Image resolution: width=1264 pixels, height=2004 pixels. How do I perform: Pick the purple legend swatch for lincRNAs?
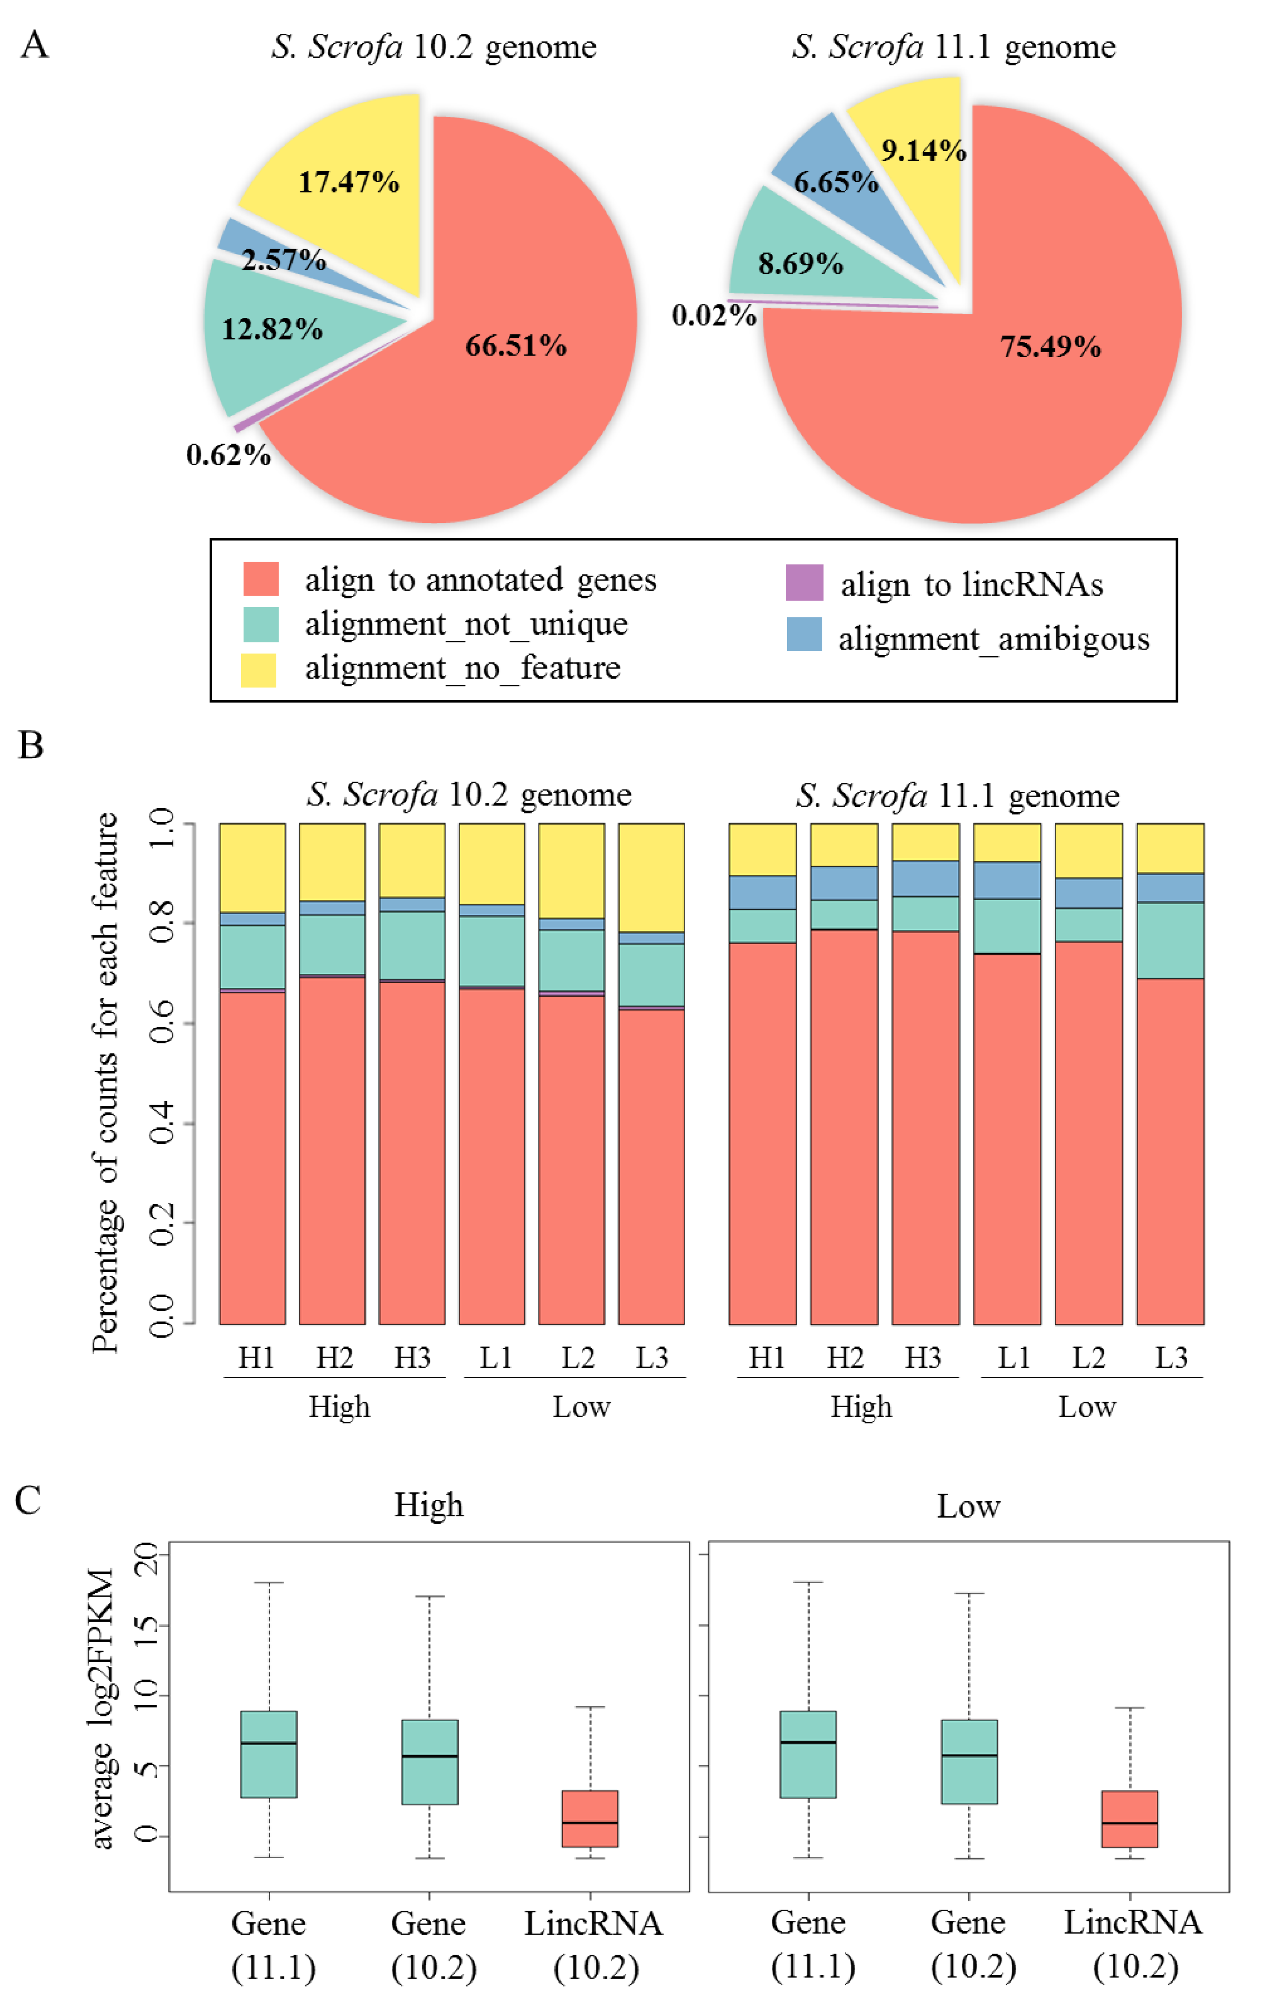point(804,582)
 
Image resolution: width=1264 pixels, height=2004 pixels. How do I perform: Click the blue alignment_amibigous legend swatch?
point(804,634)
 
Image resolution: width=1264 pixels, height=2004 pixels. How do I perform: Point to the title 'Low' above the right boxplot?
point(968,1506)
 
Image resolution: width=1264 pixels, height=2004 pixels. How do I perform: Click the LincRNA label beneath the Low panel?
point(1132,1923)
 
